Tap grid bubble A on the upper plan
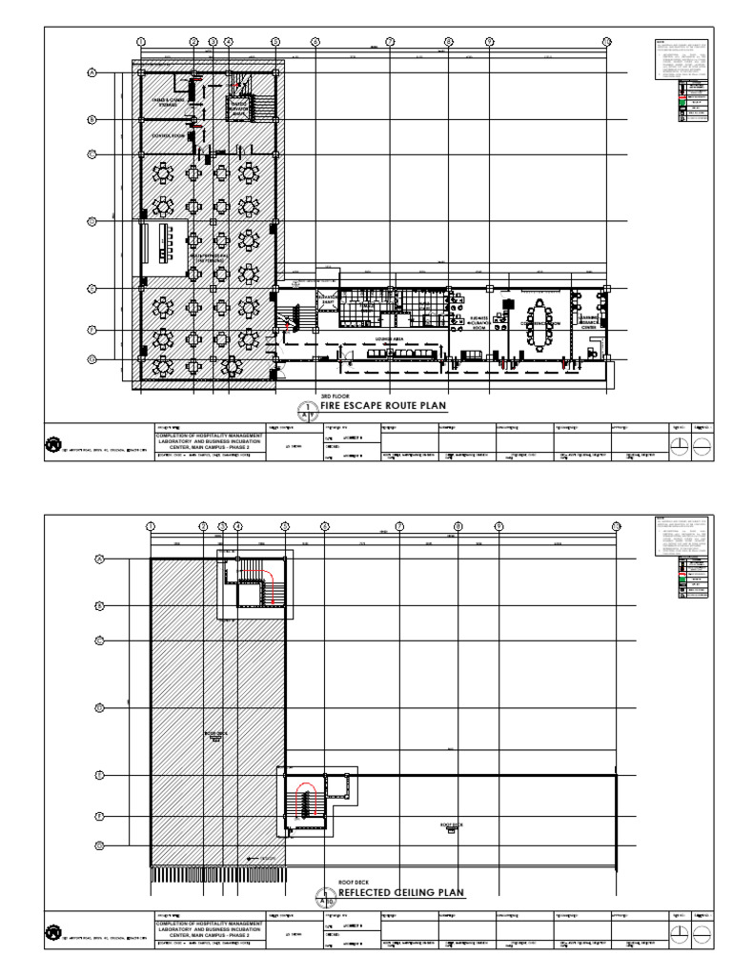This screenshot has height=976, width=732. point(93,72)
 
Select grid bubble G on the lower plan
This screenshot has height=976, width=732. point(99,845)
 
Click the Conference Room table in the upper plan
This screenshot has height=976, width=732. point(545,324)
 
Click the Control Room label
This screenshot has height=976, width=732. point(167,136)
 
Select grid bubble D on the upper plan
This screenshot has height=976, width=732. point(93,222)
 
